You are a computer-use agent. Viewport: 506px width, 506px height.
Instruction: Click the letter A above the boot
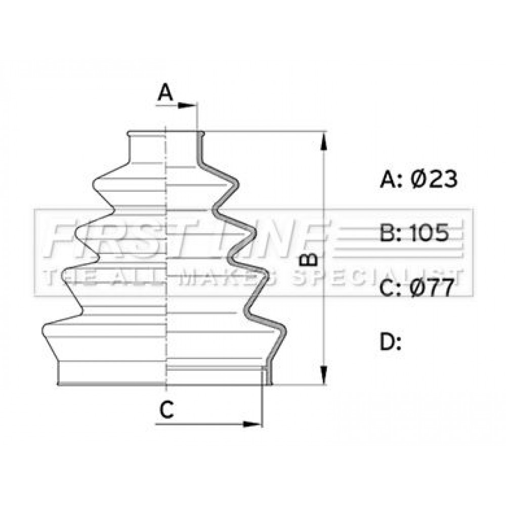pyautogui.click(x=165, y=92)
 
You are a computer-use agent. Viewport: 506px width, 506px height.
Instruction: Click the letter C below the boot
pyautogui.click(x=166, y=409)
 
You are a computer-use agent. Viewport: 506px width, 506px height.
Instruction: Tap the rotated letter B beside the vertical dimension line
pyautogui.click(x=308, y=260)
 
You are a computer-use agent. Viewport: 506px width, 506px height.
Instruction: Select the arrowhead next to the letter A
pyautogui.click(x=187, y=105)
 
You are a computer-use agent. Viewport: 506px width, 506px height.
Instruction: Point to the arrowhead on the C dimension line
pyautogui.click(x=251, y=424)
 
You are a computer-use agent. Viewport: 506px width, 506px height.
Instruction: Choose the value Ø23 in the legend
pyautogui.click(x=434, y=179)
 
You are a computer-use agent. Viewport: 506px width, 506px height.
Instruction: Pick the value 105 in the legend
pyautogui.click(x=429, y=233)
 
